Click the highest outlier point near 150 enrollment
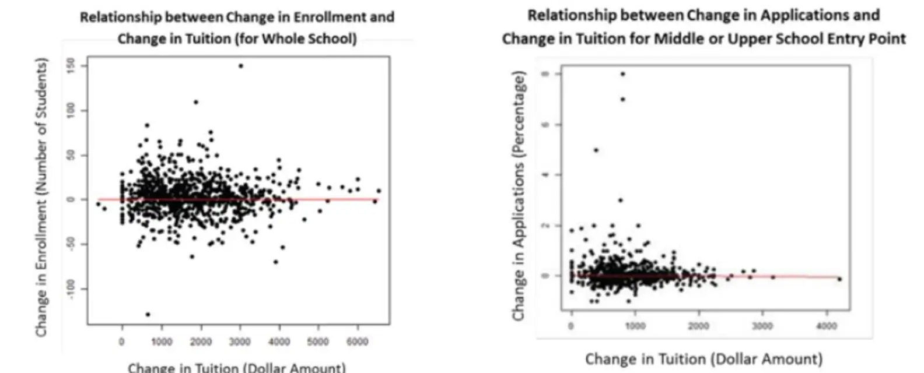coord(240,66)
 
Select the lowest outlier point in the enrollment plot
coord(148,314)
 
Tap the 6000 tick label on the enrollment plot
coord(357,341)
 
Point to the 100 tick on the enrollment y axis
coord(71,110)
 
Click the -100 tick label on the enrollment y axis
coord(71,289)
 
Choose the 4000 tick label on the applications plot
coord(827,326)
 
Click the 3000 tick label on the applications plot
coord(762,326)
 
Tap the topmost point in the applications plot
coord(622,74)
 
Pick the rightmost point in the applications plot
coord(839,279)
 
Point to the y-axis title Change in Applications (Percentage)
coord(519,195)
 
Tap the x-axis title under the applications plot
coord(703,358)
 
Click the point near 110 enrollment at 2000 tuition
coord(196,102)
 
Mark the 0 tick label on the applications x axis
coord(571,326)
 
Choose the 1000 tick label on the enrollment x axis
coord(161,341)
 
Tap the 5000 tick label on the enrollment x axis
coord(318,341)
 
